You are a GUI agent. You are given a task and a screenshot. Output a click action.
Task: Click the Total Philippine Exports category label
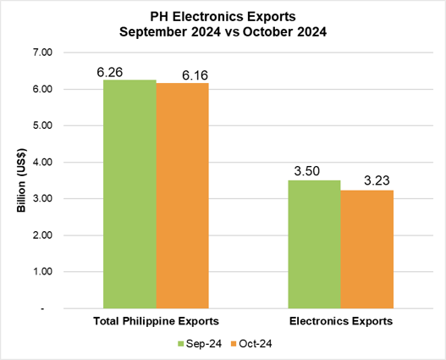(156, 322)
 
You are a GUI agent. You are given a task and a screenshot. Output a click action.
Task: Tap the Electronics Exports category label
(340, 322)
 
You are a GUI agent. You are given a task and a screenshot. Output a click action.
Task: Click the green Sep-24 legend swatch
(180, 344)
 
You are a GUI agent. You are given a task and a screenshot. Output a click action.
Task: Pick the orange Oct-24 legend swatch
(232, 344)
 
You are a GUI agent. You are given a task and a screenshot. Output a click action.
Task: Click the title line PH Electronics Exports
(223, 14)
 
